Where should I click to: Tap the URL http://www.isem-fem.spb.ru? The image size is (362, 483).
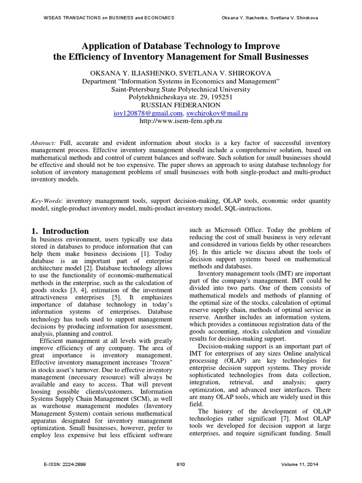[x=181, y=121]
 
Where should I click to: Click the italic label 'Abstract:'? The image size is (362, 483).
[x=43, y=143]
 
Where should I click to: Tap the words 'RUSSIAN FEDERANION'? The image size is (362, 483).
[x=181, y=106]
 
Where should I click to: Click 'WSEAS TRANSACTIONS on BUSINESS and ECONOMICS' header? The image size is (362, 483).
[x=103, y=17]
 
